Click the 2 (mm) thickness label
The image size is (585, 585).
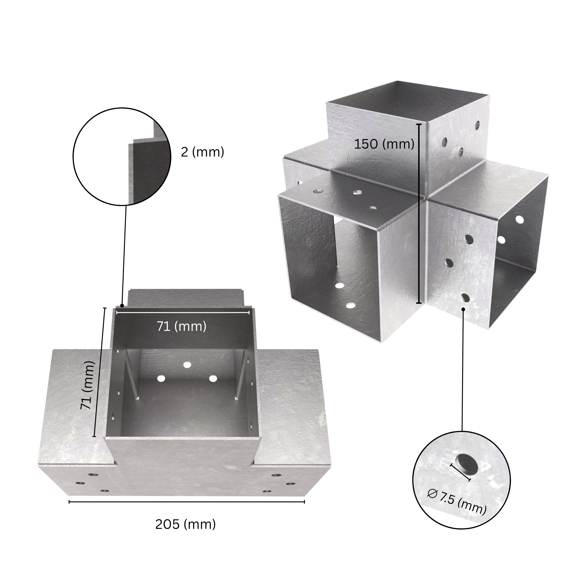[x=202, y=152]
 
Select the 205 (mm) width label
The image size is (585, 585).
[x=185, y=524]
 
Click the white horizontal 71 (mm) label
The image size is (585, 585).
[x=181, y=326]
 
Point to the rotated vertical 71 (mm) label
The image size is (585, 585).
[x=88, y=385]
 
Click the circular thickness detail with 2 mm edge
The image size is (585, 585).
[x=122, y=157]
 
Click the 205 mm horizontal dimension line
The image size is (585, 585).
[x=187, y=502]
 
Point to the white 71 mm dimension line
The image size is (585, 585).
[x=183, y=312]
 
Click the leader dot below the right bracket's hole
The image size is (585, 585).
[x=463, y=309]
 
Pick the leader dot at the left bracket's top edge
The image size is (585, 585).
[x=122, y=306]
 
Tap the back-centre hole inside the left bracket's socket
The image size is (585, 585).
[x=187, y=365]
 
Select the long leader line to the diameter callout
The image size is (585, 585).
[x=463, y=369]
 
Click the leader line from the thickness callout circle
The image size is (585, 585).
[x=124, y=254]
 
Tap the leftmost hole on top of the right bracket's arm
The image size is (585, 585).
[x=318, y=191]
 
